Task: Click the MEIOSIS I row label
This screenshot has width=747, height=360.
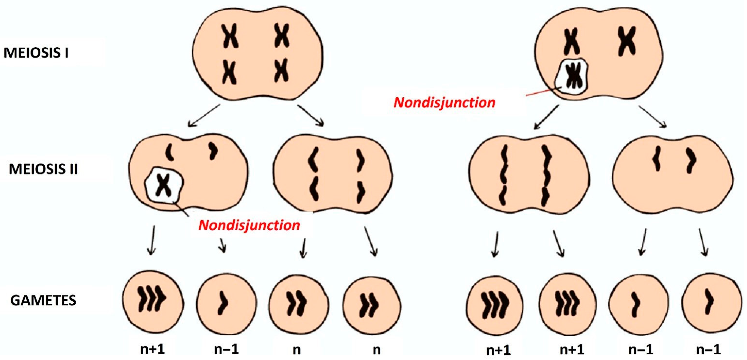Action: tap(36, 53)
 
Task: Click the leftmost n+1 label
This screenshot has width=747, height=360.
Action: tap(153, 349)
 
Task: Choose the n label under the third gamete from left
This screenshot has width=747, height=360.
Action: tap(297, 350)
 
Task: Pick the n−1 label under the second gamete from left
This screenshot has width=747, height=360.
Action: tap(226, 349)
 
